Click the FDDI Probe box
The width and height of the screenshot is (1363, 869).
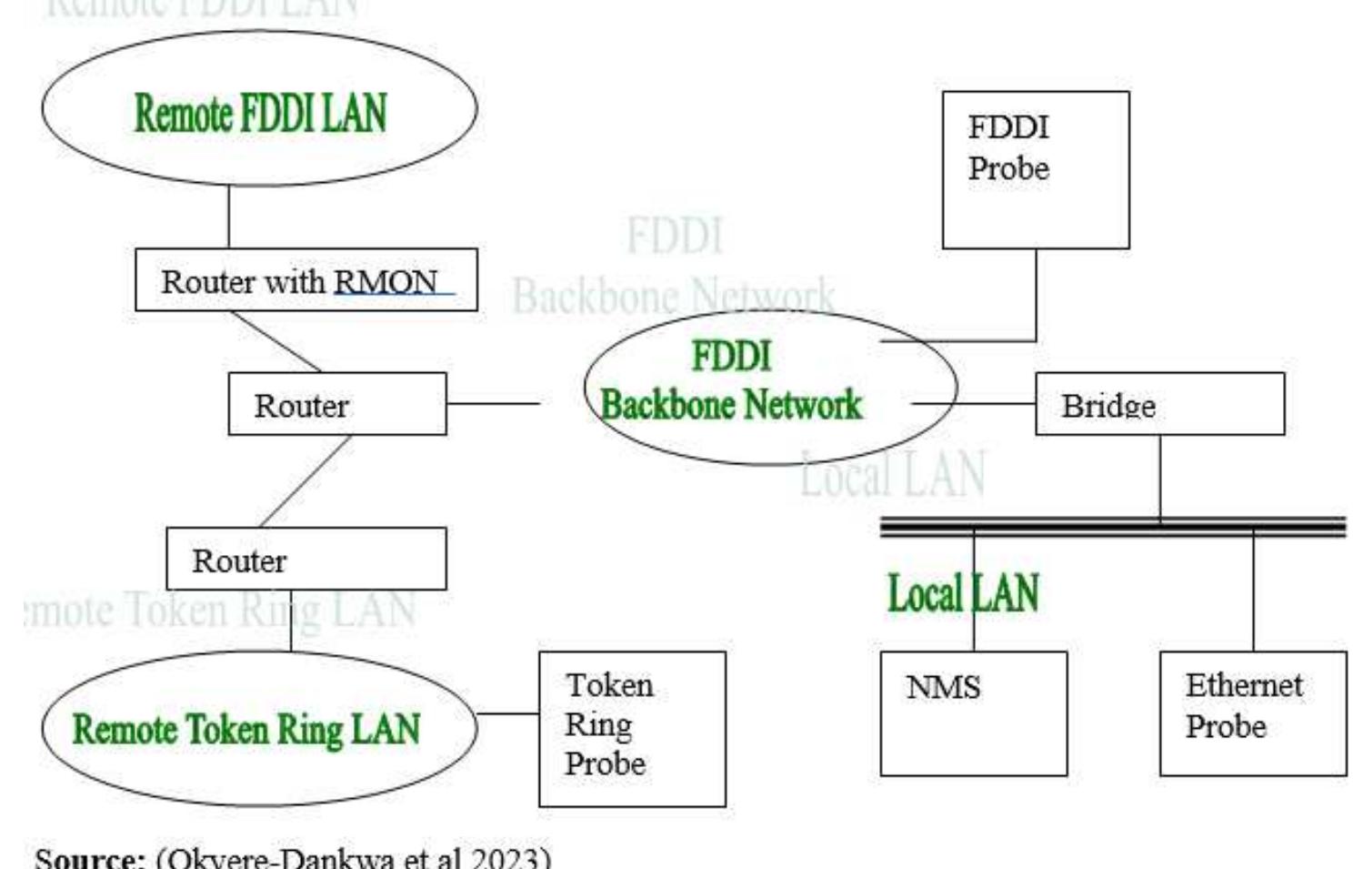1036,169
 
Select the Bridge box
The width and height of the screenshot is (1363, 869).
1159,404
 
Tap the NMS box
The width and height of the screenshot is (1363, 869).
973,713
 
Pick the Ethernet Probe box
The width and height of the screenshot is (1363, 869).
1253,713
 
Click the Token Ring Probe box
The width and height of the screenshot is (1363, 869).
632,728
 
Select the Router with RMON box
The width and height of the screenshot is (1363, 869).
306,280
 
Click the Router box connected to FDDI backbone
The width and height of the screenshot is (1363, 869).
336,404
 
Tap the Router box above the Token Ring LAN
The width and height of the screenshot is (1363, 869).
306,559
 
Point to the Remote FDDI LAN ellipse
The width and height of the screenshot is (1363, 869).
259,109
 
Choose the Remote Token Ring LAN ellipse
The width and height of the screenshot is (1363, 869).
259,728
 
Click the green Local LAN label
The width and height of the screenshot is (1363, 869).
962,594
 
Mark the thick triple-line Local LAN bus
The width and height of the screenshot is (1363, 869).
1113,527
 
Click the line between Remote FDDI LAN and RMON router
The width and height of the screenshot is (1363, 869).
228,217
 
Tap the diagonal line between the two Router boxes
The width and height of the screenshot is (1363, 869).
306,480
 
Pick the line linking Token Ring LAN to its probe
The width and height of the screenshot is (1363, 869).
507,713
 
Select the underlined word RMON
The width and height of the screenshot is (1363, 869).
386,281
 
